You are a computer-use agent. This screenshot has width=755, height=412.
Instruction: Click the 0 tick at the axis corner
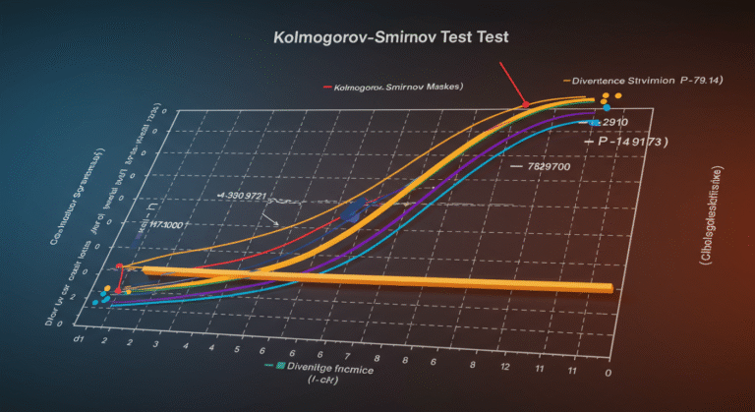(610, 372)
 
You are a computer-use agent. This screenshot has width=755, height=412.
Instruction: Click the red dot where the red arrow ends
(526, 104)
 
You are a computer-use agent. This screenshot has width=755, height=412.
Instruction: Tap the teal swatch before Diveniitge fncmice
(280, 366)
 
